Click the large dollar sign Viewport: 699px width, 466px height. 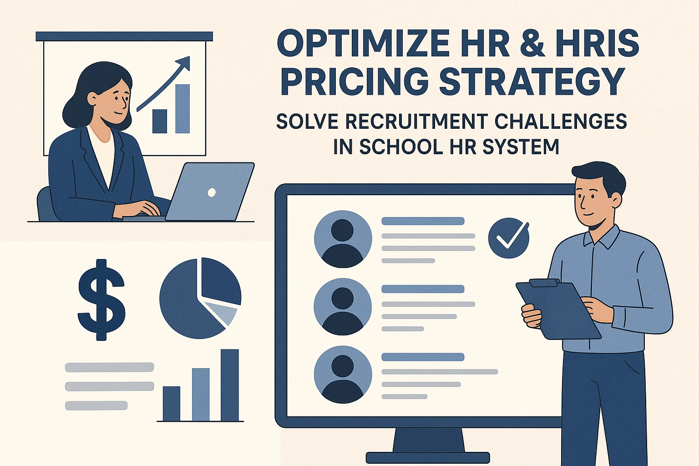tap(101, 299)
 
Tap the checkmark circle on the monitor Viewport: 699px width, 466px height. tap(509, 238)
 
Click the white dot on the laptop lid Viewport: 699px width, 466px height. tap(212, 192)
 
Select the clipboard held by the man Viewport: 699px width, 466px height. tap(558, 309)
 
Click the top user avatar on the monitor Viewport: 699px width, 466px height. tap(343, 239)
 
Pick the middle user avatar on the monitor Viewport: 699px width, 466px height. tap(343, 307)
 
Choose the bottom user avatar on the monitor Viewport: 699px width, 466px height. tap(343, 375)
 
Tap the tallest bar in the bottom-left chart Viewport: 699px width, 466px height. tap(230, 385)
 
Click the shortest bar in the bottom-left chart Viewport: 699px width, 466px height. tap(172, 404)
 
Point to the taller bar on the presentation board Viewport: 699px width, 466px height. tap(182, 109)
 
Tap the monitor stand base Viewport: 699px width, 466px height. tap(428, 457)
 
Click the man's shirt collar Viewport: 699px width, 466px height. tap(601, 237)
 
